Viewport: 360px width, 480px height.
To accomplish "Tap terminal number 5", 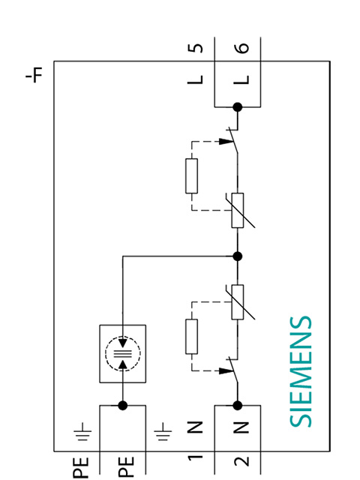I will click(196, 49).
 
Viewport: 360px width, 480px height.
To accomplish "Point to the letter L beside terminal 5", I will click(196, 77).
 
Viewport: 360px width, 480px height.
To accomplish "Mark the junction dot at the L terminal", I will click(237, 107).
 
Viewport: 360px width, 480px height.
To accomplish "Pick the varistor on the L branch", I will click(237, 209).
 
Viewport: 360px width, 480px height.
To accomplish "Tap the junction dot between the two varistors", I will click(237, 256).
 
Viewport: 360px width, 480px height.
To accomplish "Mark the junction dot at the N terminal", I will click(237, 405).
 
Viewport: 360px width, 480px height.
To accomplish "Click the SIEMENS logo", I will click(300, 371).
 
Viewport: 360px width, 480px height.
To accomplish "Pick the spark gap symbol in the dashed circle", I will click(124, 350).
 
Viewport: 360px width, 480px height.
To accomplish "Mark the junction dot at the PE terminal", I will click(124, 405).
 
